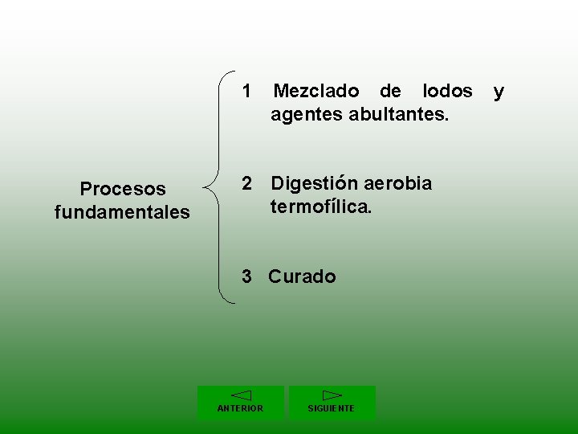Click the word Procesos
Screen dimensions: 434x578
point(123,189)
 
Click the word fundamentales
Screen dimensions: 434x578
point(122,213)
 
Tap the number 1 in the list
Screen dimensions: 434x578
point(248,92)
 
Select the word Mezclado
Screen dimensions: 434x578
point(316,92)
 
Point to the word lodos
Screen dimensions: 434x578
point(447,92)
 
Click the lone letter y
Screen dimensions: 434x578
point(499,92)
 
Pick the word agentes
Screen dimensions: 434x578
point(307,115)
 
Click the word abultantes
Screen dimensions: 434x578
point(399,115)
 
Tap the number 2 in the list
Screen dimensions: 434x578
point(248,184)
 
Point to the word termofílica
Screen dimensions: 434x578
point(321,207)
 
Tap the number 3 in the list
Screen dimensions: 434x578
point(248,277)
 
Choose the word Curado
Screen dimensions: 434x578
point(303,277)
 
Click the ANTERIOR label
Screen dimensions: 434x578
point(240,408)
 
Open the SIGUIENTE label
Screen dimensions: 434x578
point(332,408)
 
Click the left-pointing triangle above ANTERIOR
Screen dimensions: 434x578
point(241,395)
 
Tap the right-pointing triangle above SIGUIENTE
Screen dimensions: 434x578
point(332,395)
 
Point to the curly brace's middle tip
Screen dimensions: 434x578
point(206,190)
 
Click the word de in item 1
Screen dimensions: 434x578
point(390,92)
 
